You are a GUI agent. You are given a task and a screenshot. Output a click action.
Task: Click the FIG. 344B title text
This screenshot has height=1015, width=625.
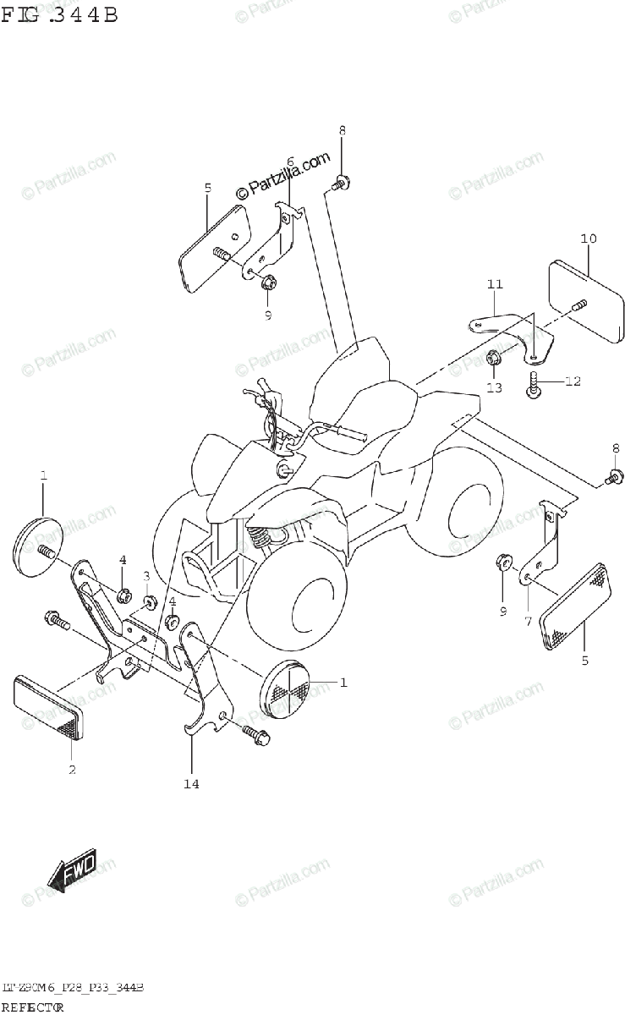coord(59,14)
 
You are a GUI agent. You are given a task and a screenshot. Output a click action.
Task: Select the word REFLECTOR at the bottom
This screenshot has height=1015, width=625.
coord(34,1007)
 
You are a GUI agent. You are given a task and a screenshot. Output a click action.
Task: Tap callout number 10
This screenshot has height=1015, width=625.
coord(588,239)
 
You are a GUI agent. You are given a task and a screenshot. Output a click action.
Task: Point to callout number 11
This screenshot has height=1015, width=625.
coord(495,284)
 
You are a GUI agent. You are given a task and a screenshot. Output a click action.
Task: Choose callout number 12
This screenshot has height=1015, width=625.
coord(573,381)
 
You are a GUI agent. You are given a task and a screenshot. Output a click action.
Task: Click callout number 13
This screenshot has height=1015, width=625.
coord(494,387)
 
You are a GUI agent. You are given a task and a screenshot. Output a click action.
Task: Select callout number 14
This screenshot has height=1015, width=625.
coord(191,784)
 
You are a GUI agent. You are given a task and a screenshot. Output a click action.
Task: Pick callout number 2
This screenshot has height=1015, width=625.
coord(72,769)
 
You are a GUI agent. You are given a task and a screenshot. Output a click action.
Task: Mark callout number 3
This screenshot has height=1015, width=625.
coord(146,576)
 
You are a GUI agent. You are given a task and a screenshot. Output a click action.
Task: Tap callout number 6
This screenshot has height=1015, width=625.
coord(289,162)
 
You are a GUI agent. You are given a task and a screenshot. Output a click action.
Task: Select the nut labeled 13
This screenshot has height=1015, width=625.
coord(496,359)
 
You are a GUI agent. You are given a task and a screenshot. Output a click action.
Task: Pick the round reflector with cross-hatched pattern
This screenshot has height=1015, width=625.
coord(287,686)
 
